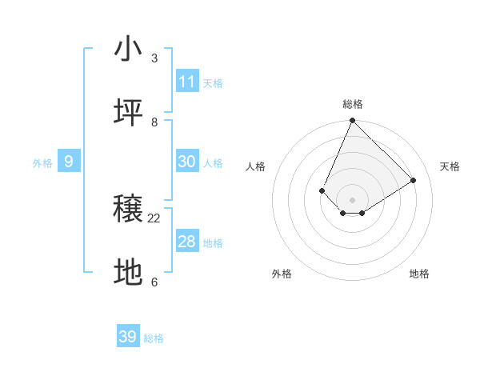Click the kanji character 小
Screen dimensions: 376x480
coord(129,49)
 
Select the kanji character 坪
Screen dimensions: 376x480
coord(129,113)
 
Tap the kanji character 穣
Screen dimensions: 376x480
coord(129,210)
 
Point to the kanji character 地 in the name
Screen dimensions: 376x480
coord(129,273)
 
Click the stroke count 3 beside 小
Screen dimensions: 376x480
coord(154,58)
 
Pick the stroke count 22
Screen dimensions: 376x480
coord(154,218)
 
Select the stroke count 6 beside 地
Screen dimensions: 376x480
coord(154,282)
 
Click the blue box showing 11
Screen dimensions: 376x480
coord(187,82)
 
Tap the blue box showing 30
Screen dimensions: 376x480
coord(187,162)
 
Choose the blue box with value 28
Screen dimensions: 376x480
coord(187,242)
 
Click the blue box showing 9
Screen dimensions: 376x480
coord(69,162)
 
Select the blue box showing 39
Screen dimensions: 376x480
coord(128,337)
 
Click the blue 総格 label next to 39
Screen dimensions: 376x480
coord(154,338)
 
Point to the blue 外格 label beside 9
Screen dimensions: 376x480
coord(42,163)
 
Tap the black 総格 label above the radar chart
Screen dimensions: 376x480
coord(353,104)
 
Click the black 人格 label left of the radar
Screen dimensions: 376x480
coord(256,166)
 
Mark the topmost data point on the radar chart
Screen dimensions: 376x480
coord(352,121)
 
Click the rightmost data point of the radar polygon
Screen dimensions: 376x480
coord(414,181)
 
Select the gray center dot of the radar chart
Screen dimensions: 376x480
coord(352,200)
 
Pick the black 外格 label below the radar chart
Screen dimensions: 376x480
coord(282,274)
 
